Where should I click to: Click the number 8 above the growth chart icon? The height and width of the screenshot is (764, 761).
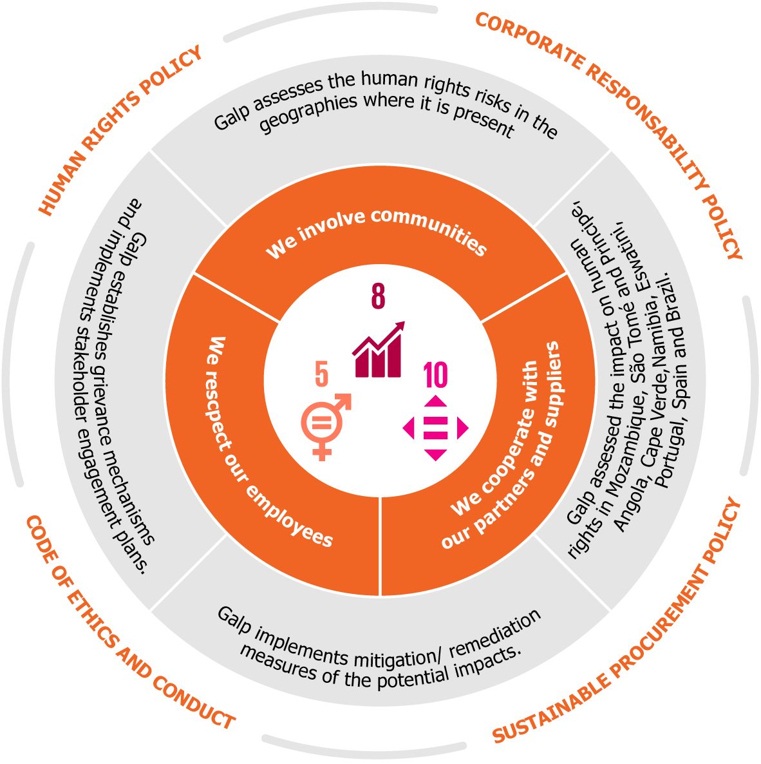point(378,296)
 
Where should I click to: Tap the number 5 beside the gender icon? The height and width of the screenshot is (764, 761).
point(321,374)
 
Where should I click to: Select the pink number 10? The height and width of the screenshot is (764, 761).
point(435,376)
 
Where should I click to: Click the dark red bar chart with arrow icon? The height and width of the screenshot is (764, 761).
point(379,349)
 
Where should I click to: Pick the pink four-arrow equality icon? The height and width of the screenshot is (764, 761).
point(436,428)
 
